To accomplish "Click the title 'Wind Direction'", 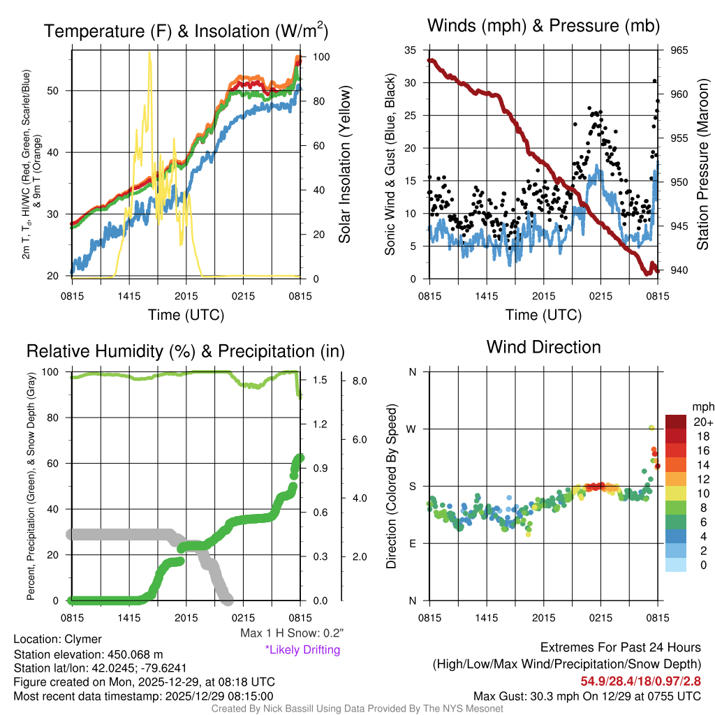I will point(543,347).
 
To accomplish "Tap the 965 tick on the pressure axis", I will point(679,50).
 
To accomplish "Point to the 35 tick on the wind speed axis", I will point(411,50).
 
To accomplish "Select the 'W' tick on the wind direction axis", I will point(413,429).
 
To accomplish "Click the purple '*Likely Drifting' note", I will point(302,649).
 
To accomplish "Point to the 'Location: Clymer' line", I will point(57,639).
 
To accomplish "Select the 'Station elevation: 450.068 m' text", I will point(88,654).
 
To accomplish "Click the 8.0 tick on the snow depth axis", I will point(360,381).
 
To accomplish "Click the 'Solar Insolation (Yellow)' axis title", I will point(344,165).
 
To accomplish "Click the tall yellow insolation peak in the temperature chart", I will point(149,54).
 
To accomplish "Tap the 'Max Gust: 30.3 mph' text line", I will point(587,696).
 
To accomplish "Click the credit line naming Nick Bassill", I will point(357,709).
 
